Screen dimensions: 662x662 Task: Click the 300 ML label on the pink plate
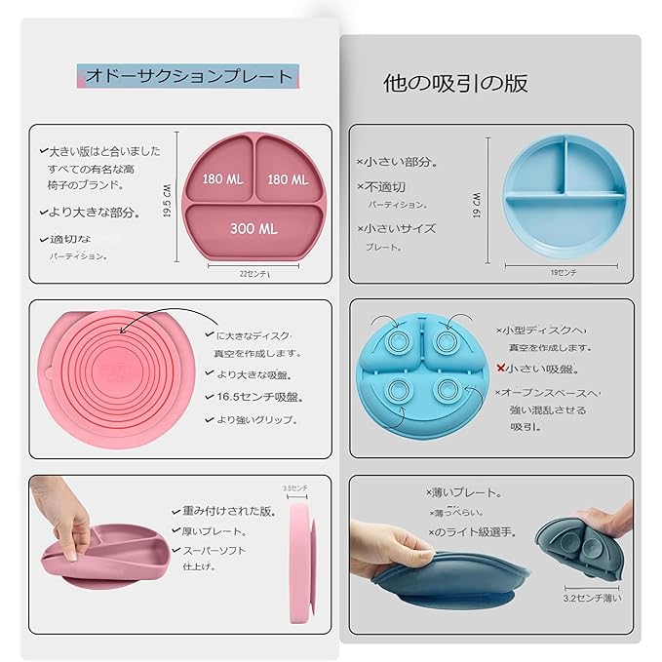253,228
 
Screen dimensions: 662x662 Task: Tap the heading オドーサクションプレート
189,76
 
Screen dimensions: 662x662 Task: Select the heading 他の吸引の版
456,83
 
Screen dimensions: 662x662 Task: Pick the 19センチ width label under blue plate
564,273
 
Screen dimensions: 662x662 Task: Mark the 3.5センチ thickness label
294,487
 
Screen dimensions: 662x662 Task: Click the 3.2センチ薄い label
592,597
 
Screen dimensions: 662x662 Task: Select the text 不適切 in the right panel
385,186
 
